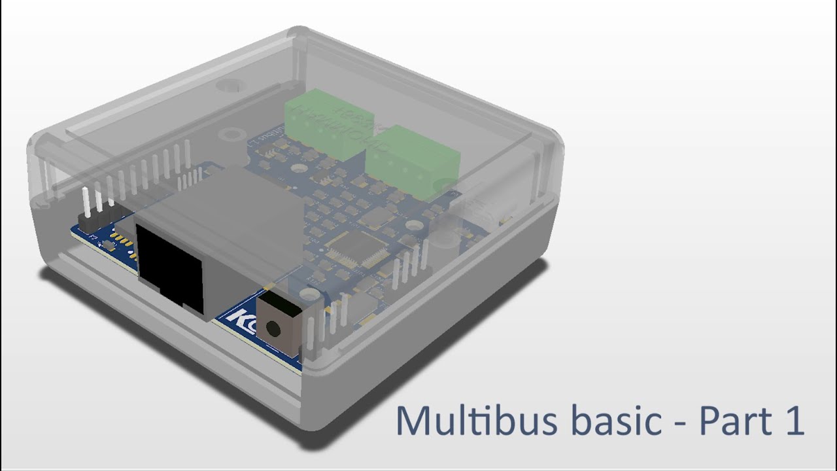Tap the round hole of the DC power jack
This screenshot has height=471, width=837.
point(278,326)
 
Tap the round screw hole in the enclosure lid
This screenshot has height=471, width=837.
point(230,86)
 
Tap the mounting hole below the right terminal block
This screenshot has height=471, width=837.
point(412,225)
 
